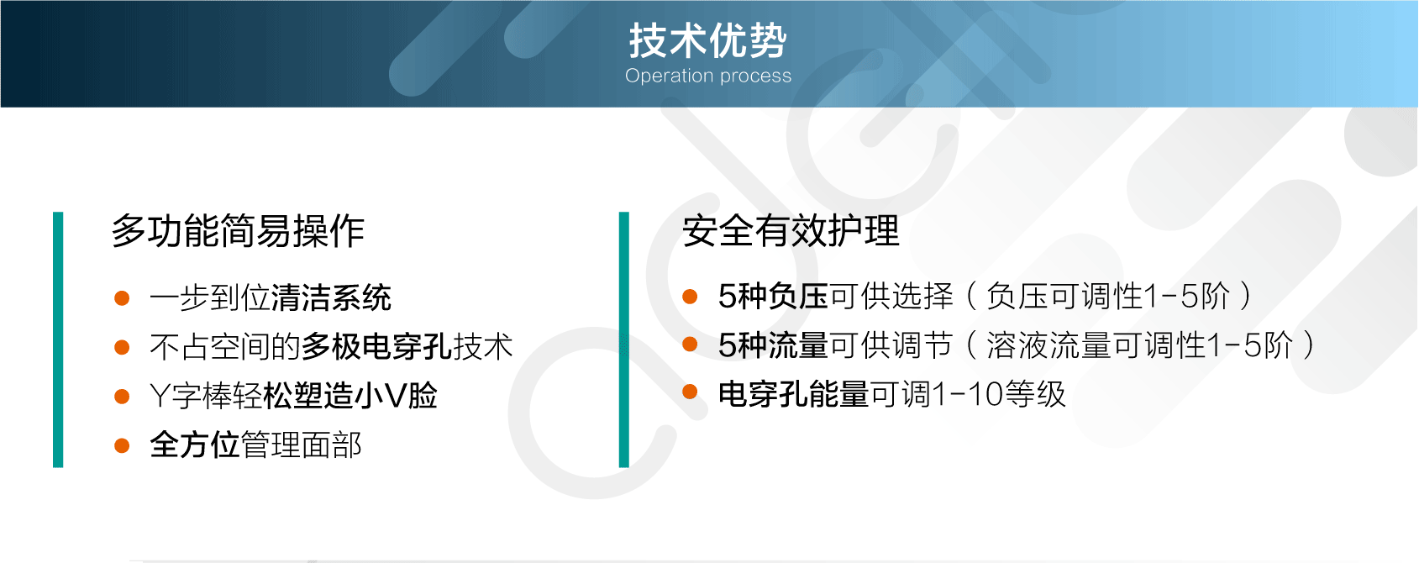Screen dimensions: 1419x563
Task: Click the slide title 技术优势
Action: pyautogui.click(x=707, y=41)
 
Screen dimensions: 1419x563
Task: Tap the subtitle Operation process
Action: pyautogui.click(x=708, y=76)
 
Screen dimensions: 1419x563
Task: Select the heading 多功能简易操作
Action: pyautogui.click(x=239, y=231)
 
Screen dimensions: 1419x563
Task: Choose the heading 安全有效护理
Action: pyautogui.click(x=791, y=231)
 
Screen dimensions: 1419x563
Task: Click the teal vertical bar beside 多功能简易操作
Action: pyautogui.click(x=58, y=339)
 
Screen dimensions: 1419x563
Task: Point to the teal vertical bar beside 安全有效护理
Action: pyautogui.click(x=624, y=339)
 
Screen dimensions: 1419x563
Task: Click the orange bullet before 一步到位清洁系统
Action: pyautogui.click(x=122, y=298)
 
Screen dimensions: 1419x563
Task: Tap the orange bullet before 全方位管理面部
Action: pyautogui.click(x=122, y=446)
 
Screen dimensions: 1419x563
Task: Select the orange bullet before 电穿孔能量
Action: pyautogui.click(x=690, y=392)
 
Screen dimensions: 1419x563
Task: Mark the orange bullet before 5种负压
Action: pyautogui.click(x=690, y=297)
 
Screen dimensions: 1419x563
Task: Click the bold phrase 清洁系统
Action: pyautogui.click(x=331, y=298)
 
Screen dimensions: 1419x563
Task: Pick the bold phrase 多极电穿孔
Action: pyautogui.click(x=376, y=347)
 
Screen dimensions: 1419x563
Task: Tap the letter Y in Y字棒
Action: pyautogui.click(x=159, y=397)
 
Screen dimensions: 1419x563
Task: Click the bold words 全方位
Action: pyautogui.click(x=194, y=445)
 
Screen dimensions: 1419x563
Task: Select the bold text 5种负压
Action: pyautogui.click(x=774, y=297)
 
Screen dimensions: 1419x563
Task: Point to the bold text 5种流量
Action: pyautogui.click(x=774, y=345)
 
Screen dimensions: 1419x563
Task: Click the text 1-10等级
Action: pyautogui.click(x=1000, y=395)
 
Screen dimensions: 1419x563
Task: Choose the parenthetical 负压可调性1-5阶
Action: pyautogui.click(x=1108, y=297)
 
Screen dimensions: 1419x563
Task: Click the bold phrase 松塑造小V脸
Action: pyautogui.click(x=349, y=397)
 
